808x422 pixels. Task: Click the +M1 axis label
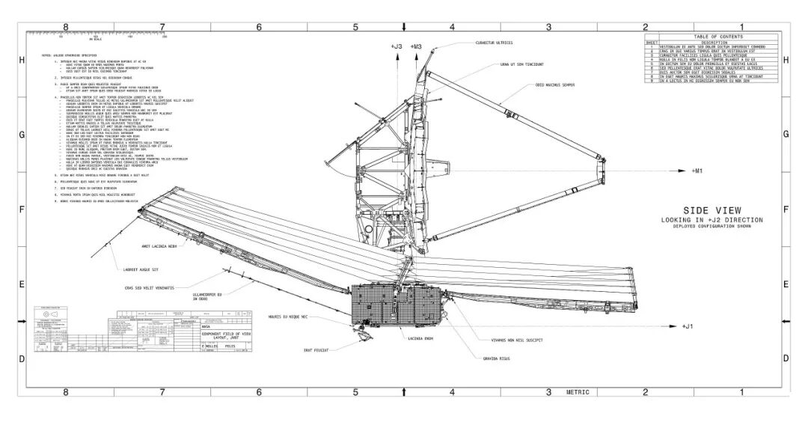click(697, 171)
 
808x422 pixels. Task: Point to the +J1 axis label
click(688, 326)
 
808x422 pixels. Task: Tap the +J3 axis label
click(397, 47)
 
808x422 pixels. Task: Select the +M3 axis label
click(416, 47)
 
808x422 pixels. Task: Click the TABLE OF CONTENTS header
click(717, 37)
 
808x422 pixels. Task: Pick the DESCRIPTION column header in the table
click(717, 42)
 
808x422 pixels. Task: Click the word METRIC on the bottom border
click(578, 391)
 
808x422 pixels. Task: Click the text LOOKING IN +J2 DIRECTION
click(711, 220)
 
